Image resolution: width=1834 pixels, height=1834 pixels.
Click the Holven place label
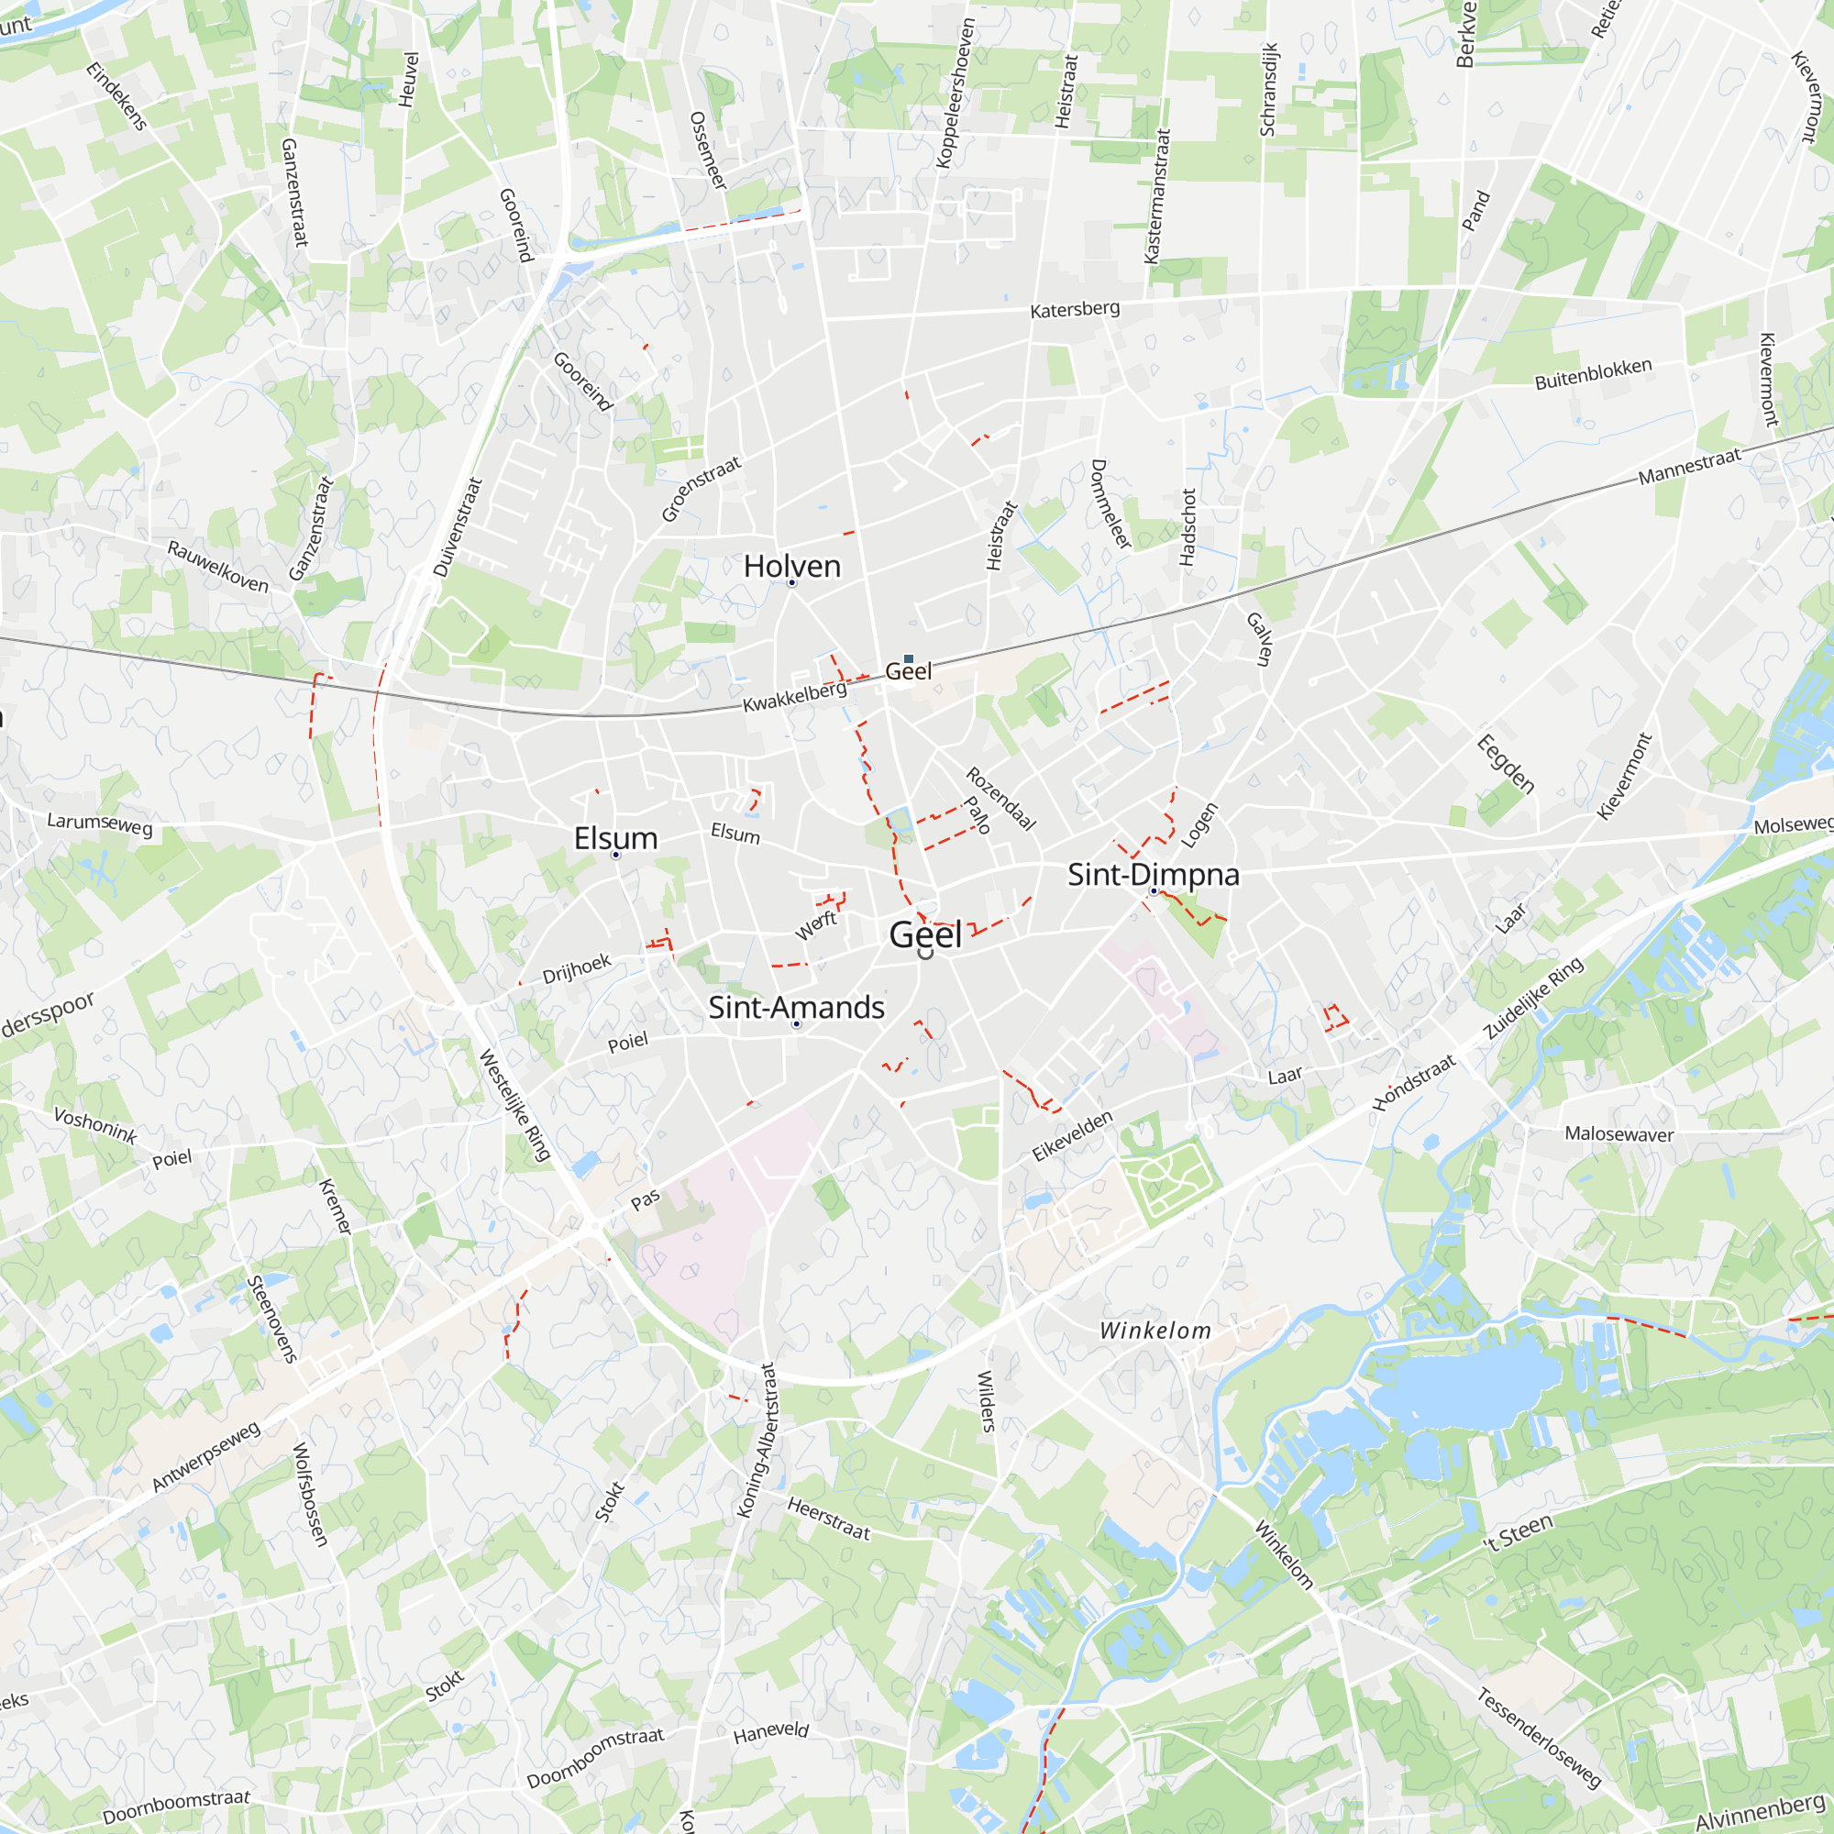pyautogui.click(x=791, y=567)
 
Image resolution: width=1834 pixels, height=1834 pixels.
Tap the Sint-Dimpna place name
pyautogui.click(x=1154, y=874)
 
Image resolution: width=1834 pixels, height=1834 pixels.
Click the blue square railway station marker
pyautogui.click(x=909, y=658)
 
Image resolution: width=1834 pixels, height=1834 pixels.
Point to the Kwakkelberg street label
pyautogui.click(x=794, y=698)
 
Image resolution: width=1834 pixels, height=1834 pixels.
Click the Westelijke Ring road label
pyautogui.click(x=514, y=1105)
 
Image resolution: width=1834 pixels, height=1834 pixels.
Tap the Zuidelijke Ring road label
pyautogui.click(x=1534, y=998)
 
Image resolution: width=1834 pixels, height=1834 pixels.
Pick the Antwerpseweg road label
pyautogui.click(x=206, y=1456)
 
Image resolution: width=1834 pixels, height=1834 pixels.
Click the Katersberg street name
pyautogui.click(x=1075, y=309)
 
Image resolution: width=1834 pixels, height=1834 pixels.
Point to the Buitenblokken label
pyautogui.click(x=1593, y=374)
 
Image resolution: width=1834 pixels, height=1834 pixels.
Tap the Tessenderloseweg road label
pyautogui.click(x=1539, y=1738)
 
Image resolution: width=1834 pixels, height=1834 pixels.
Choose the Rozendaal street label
pyautogui.click(x=1000, y=800)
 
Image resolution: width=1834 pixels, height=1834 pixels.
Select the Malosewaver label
pyautogui.click(x=1619, y=1134)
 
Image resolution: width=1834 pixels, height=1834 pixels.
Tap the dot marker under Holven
pyautogui.click(x=791, y=583)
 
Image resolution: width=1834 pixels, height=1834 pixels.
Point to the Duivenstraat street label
pyautogui.click(x=458, y=528)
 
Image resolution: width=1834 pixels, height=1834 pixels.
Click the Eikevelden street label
pyautogui.click(x=1072, y=1136)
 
